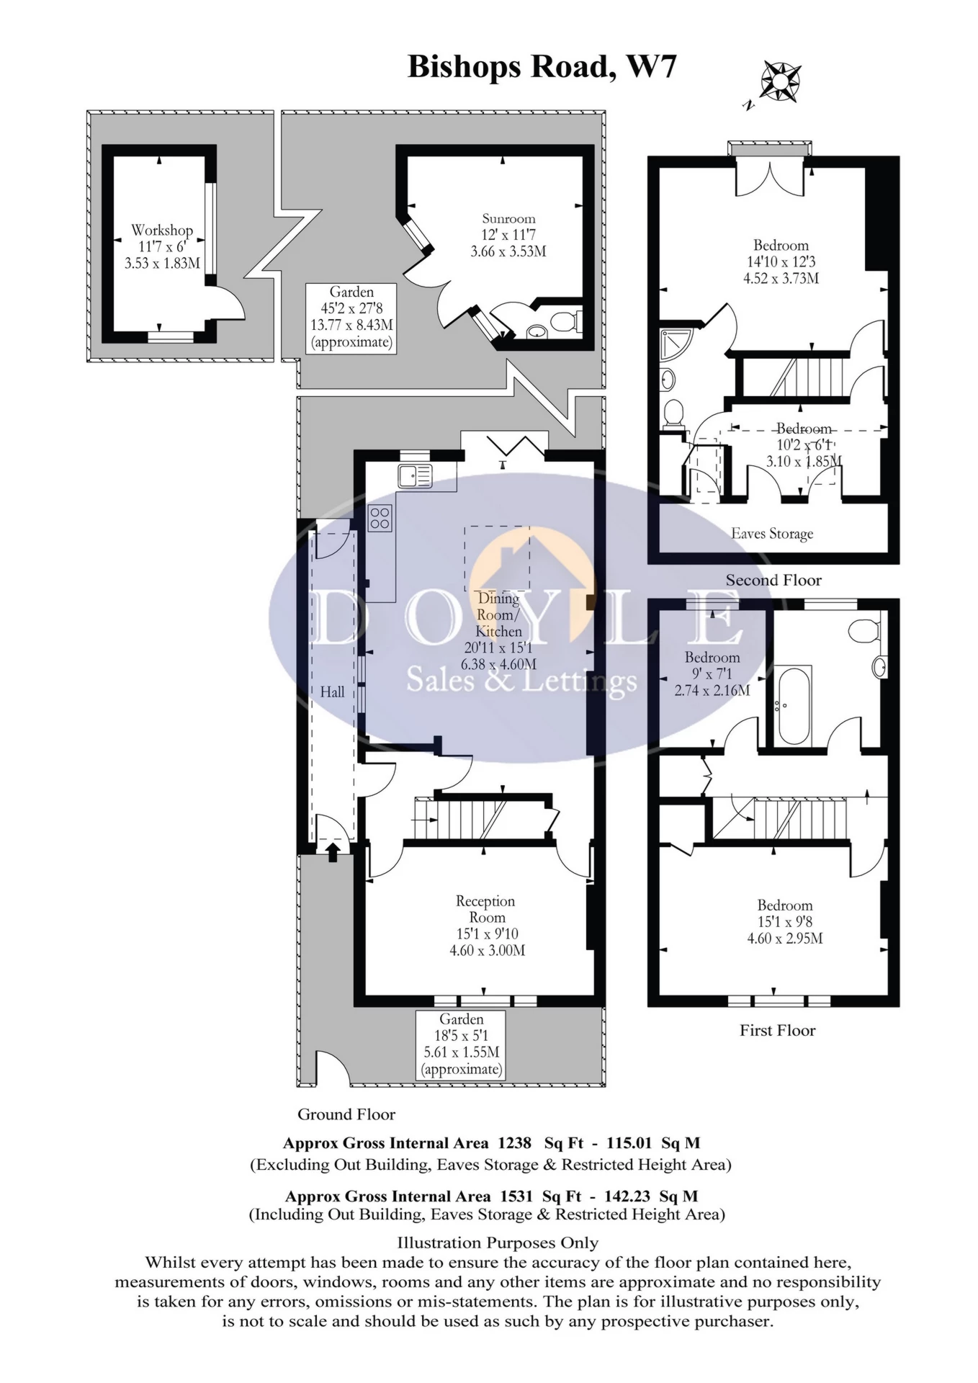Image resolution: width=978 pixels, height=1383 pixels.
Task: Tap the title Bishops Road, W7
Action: pyautogui.click(x=542, y=66)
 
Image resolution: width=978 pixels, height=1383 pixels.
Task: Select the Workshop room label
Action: pyautogui.click(x=162, y=230)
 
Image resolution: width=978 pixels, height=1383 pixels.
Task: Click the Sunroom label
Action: pyautogui.click(x=508, y=218)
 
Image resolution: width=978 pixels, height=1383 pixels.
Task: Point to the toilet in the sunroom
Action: pyautogui.click(x=567, y=321)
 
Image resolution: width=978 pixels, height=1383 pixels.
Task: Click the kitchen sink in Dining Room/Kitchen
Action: pyautogui.click(x=414, y=476)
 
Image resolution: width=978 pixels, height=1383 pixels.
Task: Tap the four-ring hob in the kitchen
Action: pyautogui.click(x=380, y=518)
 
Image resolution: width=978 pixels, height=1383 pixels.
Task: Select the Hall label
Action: pyautogui.click(x=332, y=691)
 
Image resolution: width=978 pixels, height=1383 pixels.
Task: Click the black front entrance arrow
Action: pyautogui.click(x=332, y=853)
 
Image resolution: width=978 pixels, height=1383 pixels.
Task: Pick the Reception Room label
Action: pyautogui.click(x=486, y=909)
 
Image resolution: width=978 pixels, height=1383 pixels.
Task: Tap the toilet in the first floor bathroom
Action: pyautogui.click(x=863, y=632)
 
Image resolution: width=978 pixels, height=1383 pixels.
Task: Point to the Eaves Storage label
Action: pyautogui.click(x=772, y=534)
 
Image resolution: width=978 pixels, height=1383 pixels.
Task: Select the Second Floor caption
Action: pyautogui.click(x=773, y=580)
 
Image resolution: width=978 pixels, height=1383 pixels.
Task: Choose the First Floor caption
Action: pyautogui.click(x=777, y=1030)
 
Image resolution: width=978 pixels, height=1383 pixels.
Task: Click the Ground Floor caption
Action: pyautogui.click(x=346, y=1114)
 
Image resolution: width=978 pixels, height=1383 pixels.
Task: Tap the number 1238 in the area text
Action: pyautogui.click(x=514, y=1142)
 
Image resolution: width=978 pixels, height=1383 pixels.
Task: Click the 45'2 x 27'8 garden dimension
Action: pyautogui.click(x=351, y=308)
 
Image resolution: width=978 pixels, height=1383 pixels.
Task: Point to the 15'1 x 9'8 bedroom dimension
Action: pyautogui.click(x=784, y=921)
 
